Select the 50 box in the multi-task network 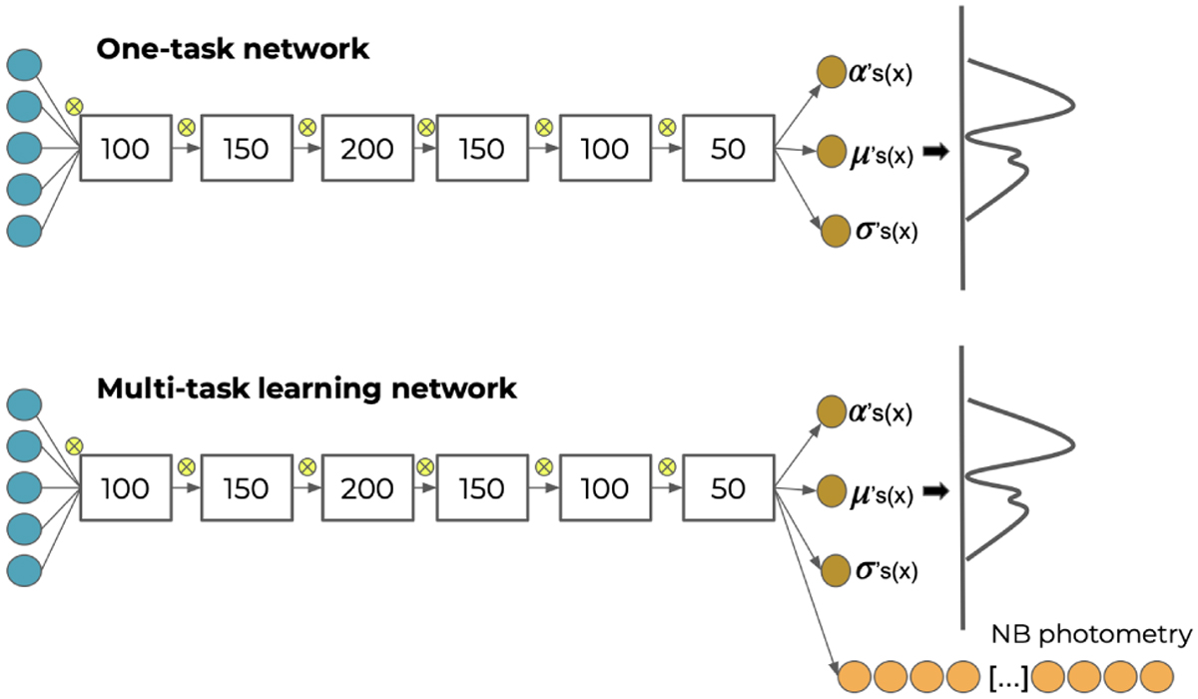[x=729, y=488]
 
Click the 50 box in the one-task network [x=729, y=149]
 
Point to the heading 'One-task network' [x=233, y=50]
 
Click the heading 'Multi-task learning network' [x=306, y=388]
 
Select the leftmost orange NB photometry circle [x=856, y=675]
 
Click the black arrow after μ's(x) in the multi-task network [x=934, y=491]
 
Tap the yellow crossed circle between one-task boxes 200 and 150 [x=426, y=128]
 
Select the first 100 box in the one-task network [x=126, y=149]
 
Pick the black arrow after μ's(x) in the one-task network [x=934, y=153]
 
